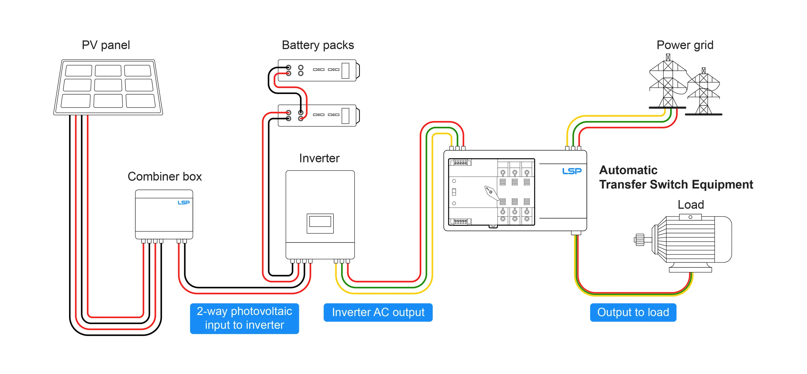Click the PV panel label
tap(106, 45)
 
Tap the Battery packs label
tap(318, 45)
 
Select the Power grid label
tap(685, 45)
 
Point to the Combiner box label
tap(165, 177)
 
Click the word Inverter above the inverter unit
tap(319, 158)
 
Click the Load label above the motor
tap(691, 205)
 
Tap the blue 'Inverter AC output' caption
tap(378, 312)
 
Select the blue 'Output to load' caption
tap(633, 312)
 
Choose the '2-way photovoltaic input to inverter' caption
tap(244, 318)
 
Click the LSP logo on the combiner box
tap(183, 202)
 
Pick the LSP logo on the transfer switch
tap(572, 171)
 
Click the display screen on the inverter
tap(320, 222)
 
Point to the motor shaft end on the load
tap(639, 240)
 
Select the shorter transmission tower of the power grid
tap(704, 93)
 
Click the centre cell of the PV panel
tap(108, 85)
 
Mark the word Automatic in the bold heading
tap(628, 170)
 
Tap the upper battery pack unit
tap(318, 70)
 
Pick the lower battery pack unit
tap(318, 115)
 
